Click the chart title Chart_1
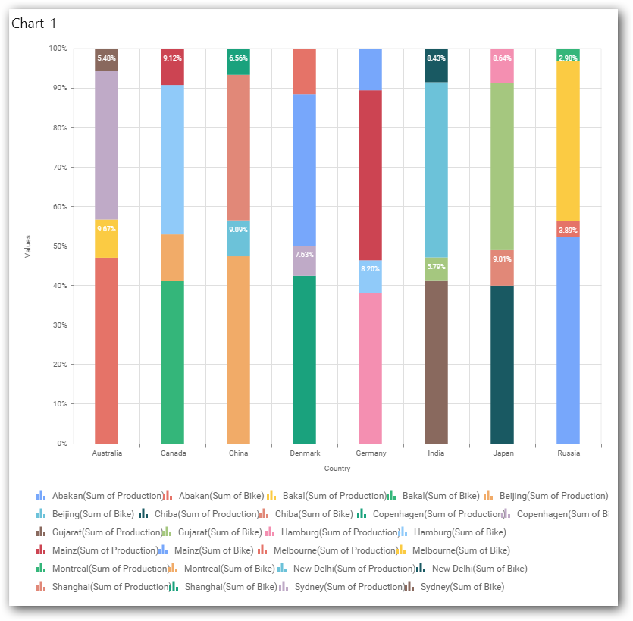(x=34, y=24)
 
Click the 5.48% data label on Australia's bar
(x=106, y=58)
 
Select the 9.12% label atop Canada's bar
(x=172, y=58)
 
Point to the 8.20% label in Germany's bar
(x=370, y=268)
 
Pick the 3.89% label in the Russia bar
(x=568, y=230)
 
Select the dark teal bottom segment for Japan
(x=502, y=364)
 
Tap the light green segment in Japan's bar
(x=502, y=166)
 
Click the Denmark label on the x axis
(x=304, y=453)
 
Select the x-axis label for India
(x=436, y=453)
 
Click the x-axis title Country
(x=337, y=469)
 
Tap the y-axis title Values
(x=28, y=246)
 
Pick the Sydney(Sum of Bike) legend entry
(x=462, y=587)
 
